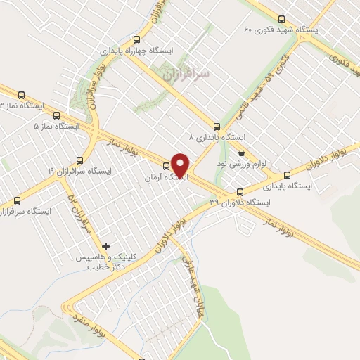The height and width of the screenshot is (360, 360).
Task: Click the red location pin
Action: (181, 166)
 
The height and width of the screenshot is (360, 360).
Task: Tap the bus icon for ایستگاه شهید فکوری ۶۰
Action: (282, 19)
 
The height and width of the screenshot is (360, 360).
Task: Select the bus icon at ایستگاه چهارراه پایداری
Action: (139, 39)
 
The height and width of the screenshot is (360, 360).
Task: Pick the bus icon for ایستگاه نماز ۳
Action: (20, 95)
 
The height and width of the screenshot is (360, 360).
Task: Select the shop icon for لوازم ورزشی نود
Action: (241, 153)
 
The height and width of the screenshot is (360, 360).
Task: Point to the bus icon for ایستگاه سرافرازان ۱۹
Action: (79, 160)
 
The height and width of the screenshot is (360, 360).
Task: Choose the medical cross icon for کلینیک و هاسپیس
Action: (105, 246)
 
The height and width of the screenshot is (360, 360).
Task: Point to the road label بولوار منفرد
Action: (89, 321)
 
